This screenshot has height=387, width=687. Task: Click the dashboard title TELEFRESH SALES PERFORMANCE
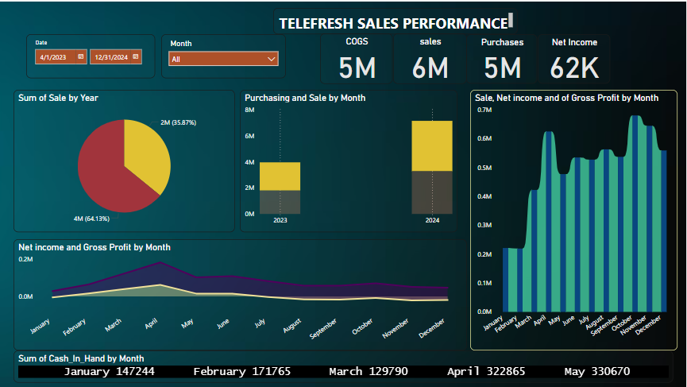point(392,24)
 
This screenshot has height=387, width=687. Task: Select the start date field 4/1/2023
point(56,56)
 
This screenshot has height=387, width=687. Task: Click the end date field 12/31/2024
point(111,56)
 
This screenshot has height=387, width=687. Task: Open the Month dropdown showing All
point(223,59)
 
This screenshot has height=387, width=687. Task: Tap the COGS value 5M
point(357,68)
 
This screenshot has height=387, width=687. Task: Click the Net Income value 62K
point(574,68)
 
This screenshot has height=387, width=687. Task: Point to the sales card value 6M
point(430,68)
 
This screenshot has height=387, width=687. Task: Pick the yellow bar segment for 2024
point(431,145)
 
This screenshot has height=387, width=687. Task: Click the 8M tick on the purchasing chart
point(249,110)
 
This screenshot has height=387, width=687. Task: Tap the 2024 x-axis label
point(431,220)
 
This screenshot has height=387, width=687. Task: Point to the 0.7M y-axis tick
point(483,110)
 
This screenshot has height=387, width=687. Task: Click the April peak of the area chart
point(160,262)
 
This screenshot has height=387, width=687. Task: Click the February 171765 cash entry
point(242,372)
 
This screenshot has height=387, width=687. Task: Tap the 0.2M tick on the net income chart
point(25,260)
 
